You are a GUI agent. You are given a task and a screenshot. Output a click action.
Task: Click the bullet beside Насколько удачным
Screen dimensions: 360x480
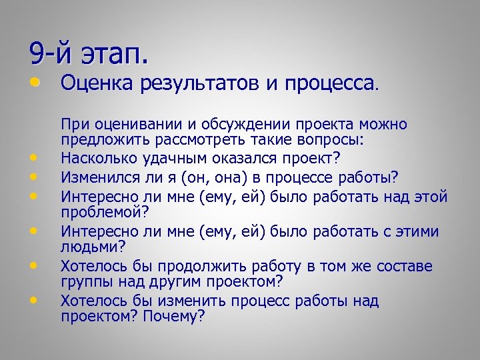[x=32, y=159]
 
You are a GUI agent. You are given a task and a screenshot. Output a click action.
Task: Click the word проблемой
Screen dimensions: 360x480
[x=101, y=212]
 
